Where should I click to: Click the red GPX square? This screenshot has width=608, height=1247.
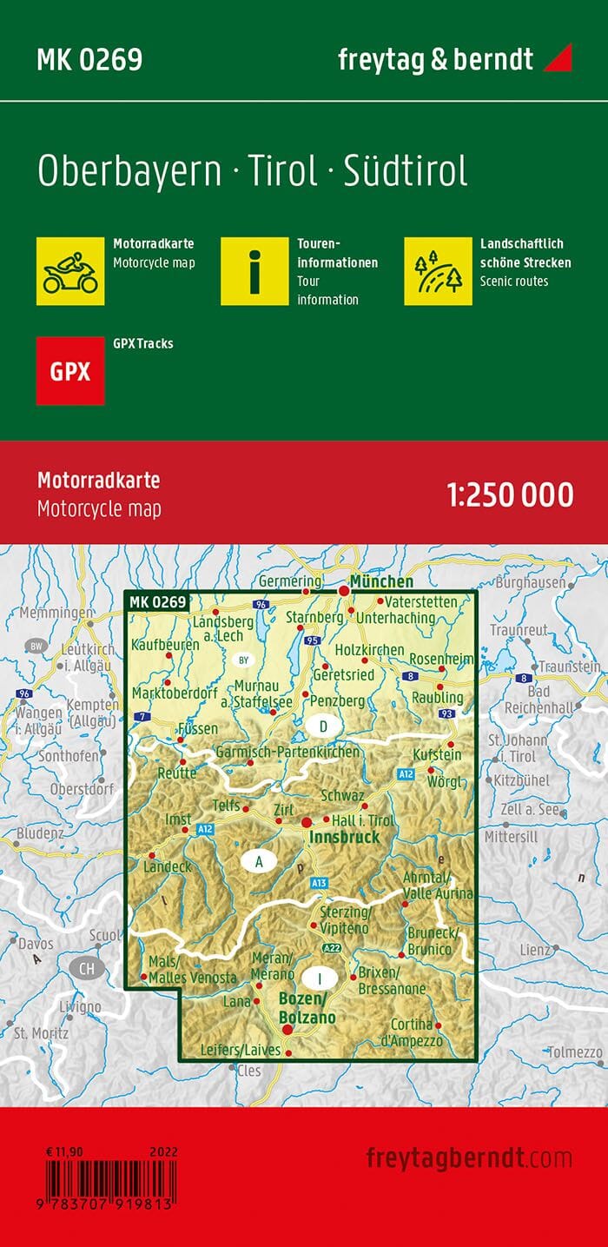(70, 371)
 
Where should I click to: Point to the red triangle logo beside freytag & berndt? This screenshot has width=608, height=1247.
(558, 59)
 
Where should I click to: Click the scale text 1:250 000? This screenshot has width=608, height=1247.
(510, 494)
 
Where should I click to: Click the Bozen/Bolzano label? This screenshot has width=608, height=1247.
(307, 1008)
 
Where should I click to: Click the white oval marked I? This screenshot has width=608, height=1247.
(321, 978)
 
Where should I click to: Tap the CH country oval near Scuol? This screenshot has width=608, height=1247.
(85, 967)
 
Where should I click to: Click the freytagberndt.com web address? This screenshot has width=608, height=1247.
(469, 1157)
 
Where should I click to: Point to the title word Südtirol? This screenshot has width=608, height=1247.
(406, 171)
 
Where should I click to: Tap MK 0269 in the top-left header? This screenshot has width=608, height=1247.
(89, 59)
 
